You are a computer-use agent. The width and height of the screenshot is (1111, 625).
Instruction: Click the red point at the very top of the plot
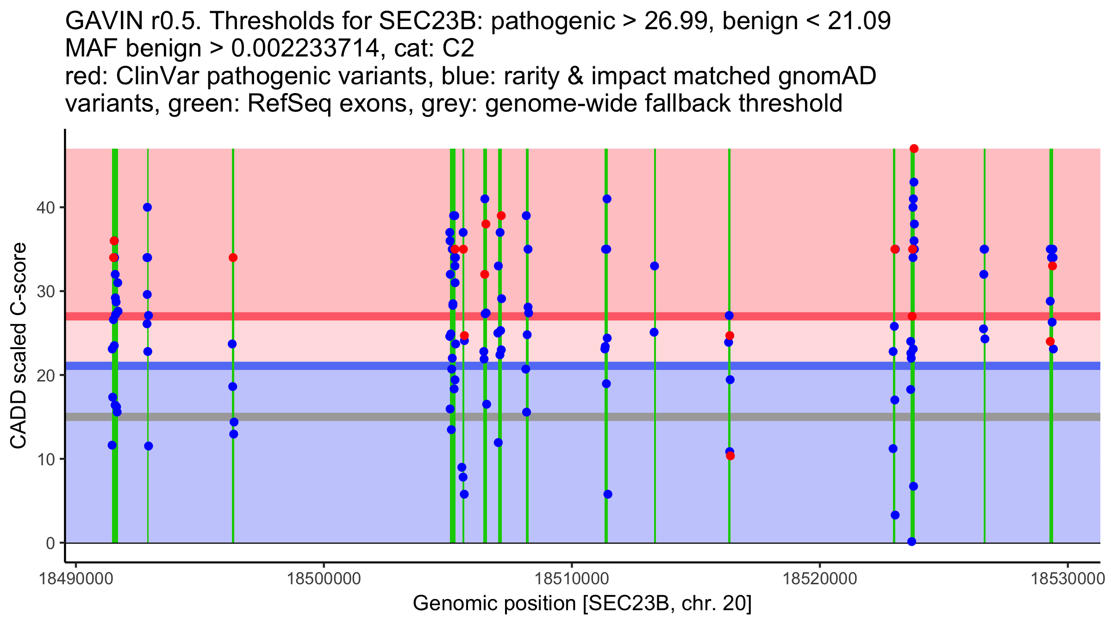point(914,149)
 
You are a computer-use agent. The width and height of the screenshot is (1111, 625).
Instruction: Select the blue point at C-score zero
point(911,542)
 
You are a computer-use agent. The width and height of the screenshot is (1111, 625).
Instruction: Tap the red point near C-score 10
point(730,456)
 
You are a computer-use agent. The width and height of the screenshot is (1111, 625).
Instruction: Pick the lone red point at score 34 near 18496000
point(233,257)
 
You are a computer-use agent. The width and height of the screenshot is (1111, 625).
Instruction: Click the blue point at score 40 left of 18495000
point(147,207)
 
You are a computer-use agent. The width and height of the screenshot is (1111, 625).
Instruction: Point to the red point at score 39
point(501,216)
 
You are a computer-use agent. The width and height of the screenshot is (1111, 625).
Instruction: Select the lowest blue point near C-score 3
point(895,515)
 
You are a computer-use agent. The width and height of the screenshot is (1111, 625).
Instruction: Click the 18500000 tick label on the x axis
point(324,579)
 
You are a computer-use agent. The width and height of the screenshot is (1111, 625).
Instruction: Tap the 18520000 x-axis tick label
point(820,579)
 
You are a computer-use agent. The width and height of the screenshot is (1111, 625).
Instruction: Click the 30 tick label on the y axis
point(46,292)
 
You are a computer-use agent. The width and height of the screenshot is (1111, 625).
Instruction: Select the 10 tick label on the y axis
point(46,459)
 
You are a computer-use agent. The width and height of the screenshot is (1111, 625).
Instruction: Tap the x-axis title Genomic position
point(582,603)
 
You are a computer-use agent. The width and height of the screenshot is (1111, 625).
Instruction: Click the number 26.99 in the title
point(674,21)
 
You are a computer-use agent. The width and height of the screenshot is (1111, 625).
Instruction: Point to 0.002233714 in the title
point(305,48)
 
